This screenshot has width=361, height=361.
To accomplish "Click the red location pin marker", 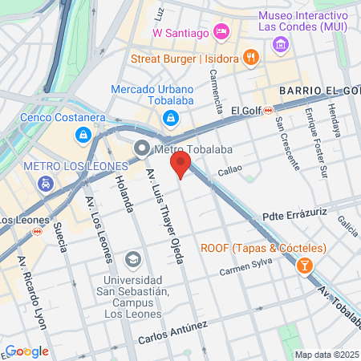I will click(180, 166).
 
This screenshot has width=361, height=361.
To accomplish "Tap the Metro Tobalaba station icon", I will click(142, 148).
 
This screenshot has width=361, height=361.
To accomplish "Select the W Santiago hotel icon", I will click(222, 32).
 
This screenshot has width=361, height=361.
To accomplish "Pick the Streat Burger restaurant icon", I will click(251, 57).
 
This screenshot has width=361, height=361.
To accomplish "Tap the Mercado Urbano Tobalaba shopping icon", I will click(170, 120).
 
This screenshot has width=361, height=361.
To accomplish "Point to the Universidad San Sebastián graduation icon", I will click(132, 260).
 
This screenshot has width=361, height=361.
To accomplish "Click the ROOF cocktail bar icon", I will click(305, 265).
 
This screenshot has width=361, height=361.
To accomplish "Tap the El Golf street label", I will click(246, 110).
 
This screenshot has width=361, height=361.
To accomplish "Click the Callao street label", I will click(229, 170).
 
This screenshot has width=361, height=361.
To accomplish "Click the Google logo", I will click(26, 351).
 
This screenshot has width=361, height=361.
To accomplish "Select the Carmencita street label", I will click(216, 91).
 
